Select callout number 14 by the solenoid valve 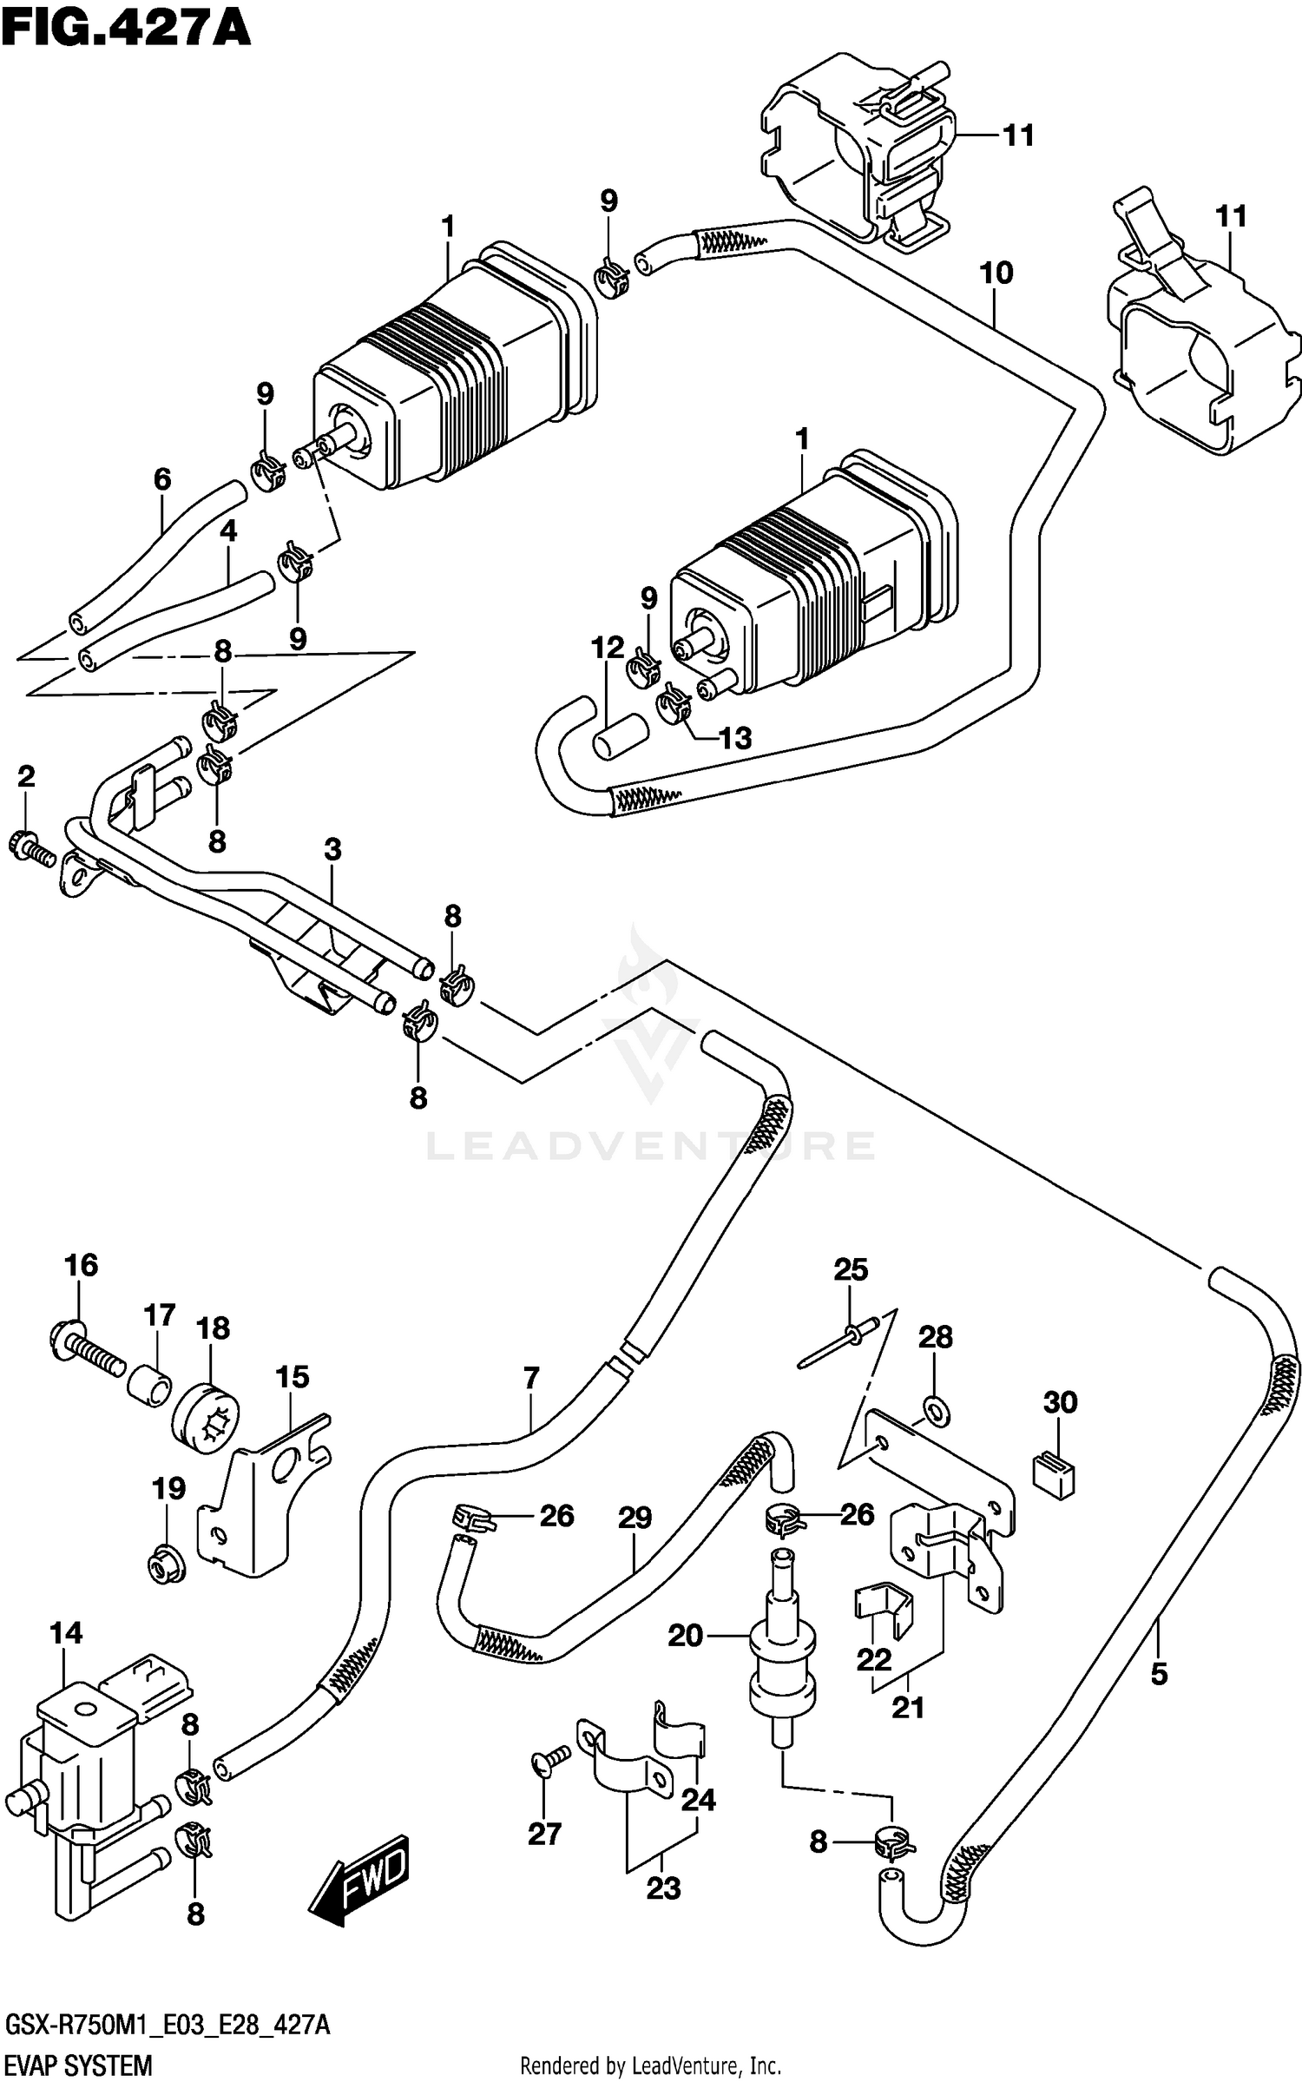pos(65,1633)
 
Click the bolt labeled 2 pos(30,846)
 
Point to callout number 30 pos(1060,1402)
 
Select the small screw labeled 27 pos(550,1759)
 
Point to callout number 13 pos(735,738)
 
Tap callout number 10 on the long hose pos(996,273)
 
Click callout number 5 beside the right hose pos(1160,1674)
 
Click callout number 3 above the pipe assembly pos(333,849)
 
